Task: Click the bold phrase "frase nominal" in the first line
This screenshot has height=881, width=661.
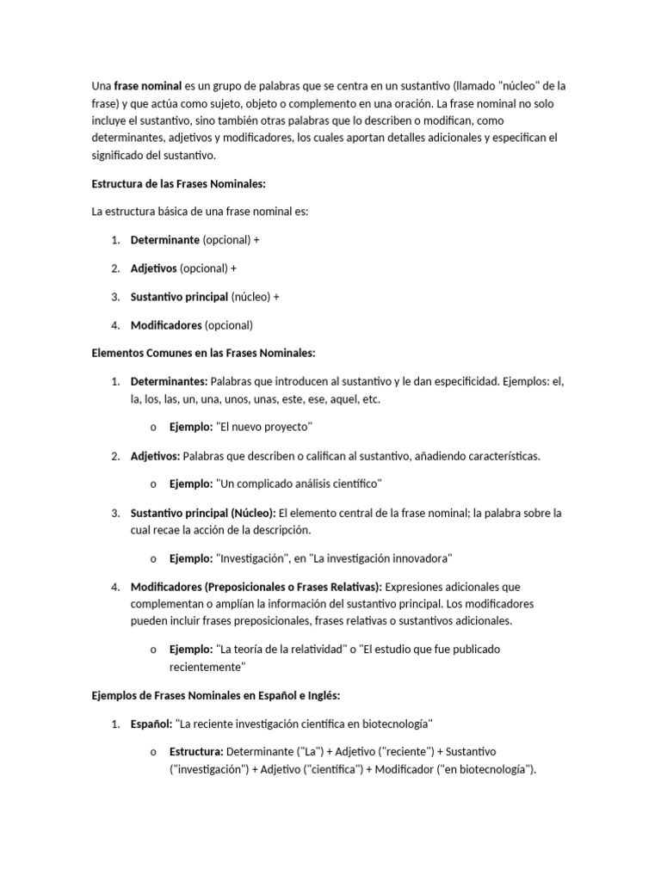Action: coord(148,86)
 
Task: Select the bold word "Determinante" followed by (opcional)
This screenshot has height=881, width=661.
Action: coord(165,240)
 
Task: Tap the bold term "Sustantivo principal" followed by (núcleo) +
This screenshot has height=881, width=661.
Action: coord(179,297)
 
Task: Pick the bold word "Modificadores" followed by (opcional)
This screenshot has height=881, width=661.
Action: coord(166,325)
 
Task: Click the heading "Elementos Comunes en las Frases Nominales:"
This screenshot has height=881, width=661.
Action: coord(204,353)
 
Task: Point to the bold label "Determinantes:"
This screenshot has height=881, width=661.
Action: coord(169,381)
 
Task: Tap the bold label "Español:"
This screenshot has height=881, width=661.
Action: coord(151,723)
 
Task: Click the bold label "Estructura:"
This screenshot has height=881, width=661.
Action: coord(197,751)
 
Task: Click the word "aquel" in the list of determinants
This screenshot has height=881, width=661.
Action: coord(343,398)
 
